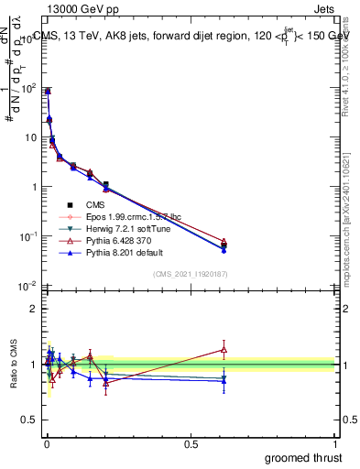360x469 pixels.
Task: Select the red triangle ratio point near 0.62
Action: (224, 349)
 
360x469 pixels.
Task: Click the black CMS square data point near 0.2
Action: (106, 185)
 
